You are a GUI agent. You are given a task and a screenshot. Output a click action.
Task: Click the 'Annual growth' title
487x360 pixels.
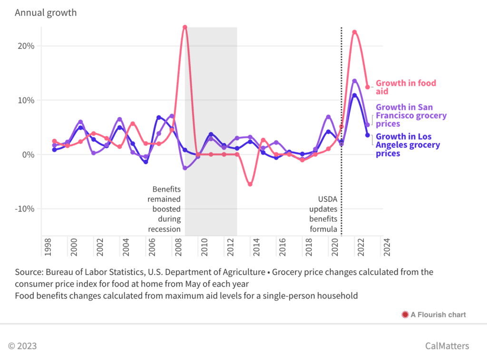click(46, 13)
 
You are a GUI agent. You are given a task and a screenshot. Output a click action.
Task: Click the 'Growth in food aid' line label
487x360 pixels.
click(406, 87)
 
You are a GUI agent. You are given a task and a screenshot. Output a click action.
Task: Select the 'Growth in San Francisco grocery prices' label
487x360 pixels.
click(411, 116)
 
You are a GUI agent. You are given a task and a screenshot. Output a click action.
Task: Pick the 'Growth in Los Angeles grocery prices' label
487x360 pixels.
click(408, 145)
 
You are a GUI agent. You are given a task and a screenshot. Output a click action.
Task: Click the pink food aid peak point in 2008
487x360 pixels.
click(185, 27)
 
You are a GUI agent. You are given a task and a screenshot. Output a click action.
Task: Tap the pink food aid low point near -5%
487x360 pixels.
click(250, 185)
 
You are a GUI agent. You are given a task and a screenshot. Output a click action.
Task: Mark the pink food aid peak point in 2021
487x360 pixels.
click(354, 32)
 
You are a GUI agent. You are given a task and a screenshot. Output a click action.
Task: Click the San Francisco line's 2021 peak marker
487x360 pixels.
click(354, 81)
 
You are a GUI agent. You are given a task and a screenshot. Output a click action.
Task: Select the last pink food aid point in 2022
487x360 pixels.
click(367, 87)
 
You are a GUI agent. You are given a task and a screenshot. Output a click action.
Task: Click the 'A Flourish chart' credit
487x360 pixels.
click(438, 314)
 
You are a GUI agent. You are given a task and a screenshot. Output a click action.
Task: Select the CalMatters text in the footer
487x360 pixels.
click(447, 346)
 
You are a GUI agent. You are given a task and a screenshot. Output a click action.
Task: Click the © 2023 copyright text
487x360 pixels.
click(22, 346)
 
